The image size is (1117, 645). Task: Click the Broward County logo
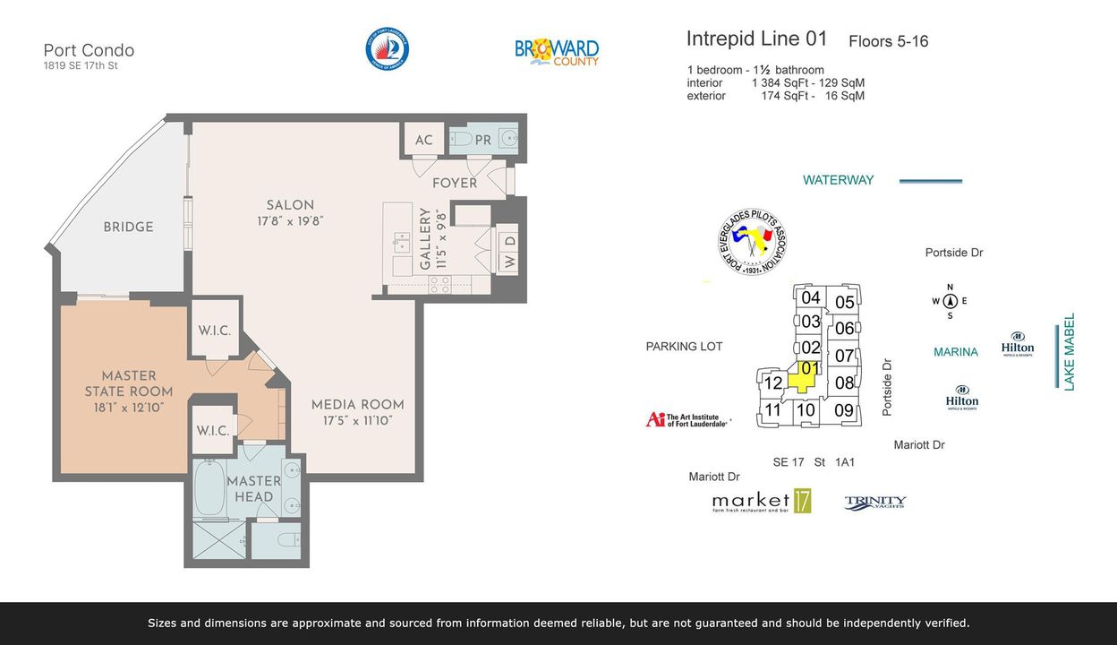click(556, 51)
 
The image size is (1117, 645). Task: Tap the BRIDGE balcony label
click(128, 227)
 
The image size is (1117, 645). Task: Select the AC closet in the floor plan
click(423, 140)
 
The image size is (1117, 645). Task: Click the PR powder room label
click(482, 140)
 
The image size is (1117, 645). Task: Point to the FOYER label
click(455, 183)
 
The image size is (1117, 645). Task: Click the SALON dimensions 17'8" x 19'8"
click(289, 220)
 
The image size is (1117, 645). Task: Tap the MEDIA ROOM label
click(356, 404)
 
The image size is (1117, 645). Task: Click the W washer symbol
click(507, 262)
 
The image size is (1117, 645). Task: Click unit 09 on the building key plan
click(843, 410)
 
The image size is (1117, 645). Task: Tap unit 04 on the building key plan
click(810, 297)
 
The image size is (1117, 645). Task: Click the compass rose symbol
click(950, 301)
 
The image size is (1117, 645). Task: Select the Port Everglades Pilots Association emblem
click(753, 241)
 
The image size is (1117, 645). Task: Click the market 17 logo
click(762, 502)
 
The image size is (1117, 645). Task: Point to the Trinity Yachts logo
click(875, 503)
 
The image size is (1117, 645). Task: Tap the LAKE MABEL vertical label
click(1069, 351)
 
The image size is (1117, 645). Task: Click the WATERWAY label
click(838, 180)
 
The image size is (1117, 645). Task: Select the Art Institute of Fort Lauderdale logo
click(687, 419)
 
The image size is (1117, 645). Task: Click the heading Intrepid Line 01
click(756, 39)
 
